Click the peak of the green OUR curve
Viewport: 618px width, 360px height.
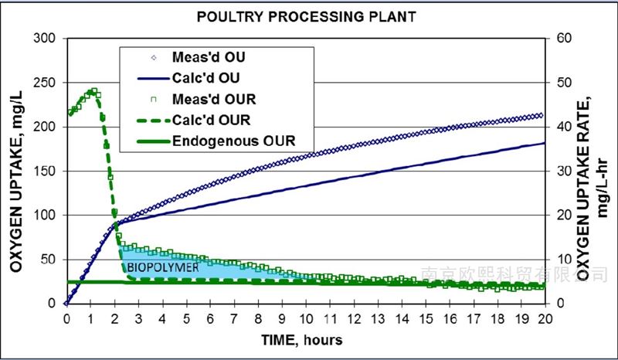(x=93, y=91)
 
